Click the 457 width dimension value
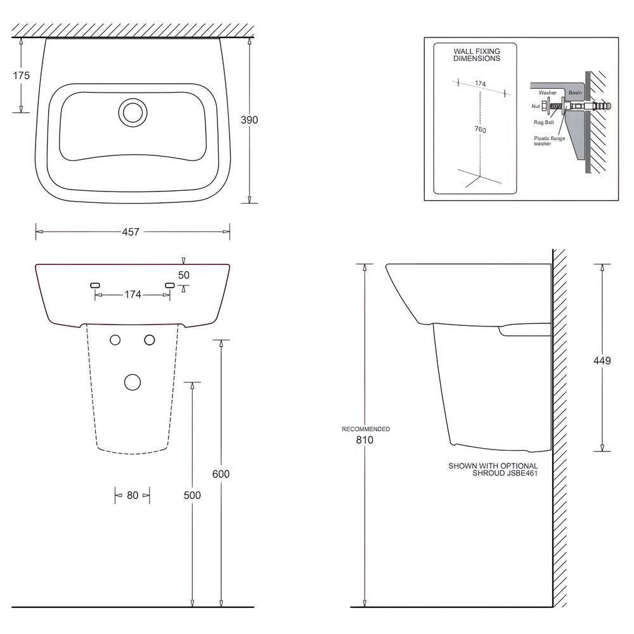pos(131,231)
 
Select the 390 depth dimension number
pos(249,120)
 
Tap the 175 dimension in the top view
pos(22,75)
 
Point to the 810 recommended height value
pos(365,439)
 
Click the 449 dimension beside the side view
pos(602,361)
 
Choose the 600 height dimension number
pos(221,474)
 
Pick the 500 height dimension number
pos(191,495)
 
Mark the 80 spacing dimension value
pos(132,495)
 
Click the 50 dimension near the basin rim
pos(184,275)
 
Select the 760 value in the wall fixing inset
pos(481,130)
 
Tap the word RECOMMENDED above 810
pos(366,429)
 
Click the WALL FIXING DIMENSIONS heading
pos(477,54)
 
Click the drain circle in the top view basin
pos(132,112)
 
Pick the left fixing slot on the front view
pos(96,286)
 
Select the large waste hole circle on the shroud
pos(132,382)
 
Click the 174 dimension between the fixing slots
pos(132,295)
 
